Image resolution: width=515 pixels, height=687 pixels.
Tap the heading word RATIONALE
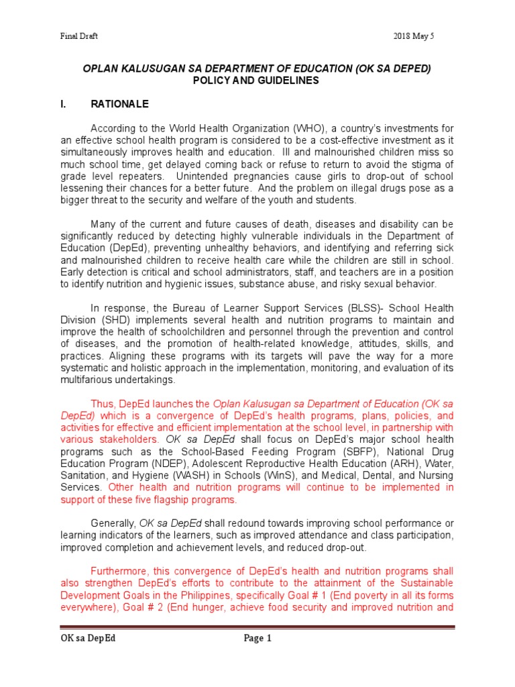tap(120, 105)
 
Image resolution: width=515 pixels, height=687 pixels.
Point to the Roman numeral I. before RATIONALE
tap(66, 105)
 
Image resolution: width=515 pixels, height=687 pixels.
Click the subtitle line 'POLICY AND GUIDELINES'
tap(257, 81)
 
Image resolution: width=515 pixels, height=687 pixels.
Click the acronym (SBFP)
tap(354, 452)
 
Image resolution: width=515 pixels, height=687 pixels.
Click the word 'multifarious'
tap(89, 379)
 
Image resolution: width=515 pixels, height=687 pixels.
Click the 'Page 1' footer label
tap(257, 638)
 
